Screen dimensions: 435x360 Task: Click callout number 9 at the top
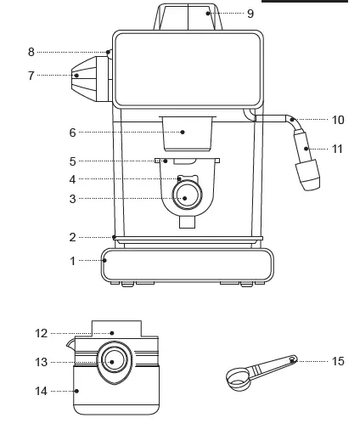pyautogui.click(x=250, y=14)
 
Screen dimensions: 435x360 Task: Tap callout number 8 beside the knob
pyautogui.click(x=31, y=52)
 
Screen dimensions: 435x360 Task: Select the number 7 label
pyautogui.click(x=31, y=76)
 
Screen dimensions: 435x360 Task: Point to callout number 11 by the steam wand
pyautogui.click(x=337, y=149)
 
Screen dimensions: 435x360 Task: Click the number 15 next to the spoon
pyautogui.click(x=337, y=361)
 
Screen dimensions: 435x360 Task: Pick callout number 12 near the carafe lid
pyautogui.click(x=42, y=334)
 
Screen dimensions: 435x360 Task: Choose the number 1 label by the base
pyautogui.click(x=72, y=261)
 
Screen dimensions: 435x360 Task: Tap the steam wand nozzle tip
pyautogui.click(x=305, y=176)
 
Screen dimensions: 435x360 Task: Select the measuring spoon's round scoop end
pyautogui.click(x=238, y=376)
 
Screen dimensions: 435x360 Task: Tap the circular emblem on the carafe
pyautogui.click(x=114, y=360)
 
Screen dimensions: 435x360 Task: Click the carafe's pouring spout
pyautogui.click(x=69, y=346)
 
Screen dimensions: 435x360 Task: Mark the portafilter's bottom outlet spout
pyautogui.click(x=186, y=222)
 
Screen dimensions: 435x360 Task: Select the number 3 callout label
pyautogui.click(x=72, y=199)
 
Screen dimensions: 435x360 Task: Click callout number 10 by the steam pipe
pyautogui.click(x=337, y=121)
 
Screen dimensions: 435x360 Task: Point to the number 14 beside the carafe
pyautogui.click(x=42, y=391)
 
